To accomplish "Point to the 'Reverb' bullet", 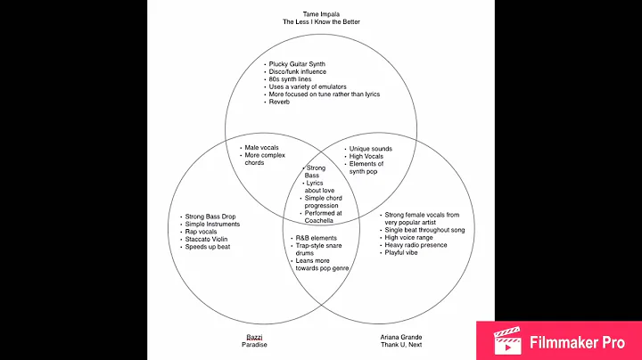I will tap(282, 102).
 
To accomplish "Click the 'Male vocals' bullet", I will tap(261, 148).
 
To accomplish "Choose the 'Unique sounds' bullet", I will tap(370, 149).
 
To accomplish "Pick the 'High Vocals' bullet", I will tap(366, 157).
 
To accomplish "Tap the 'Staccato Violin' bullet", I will tap(210, 239).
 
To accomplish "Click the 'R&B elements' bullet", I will tap(317, 238).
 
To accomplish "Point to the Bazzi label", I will tap(253, 338).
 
